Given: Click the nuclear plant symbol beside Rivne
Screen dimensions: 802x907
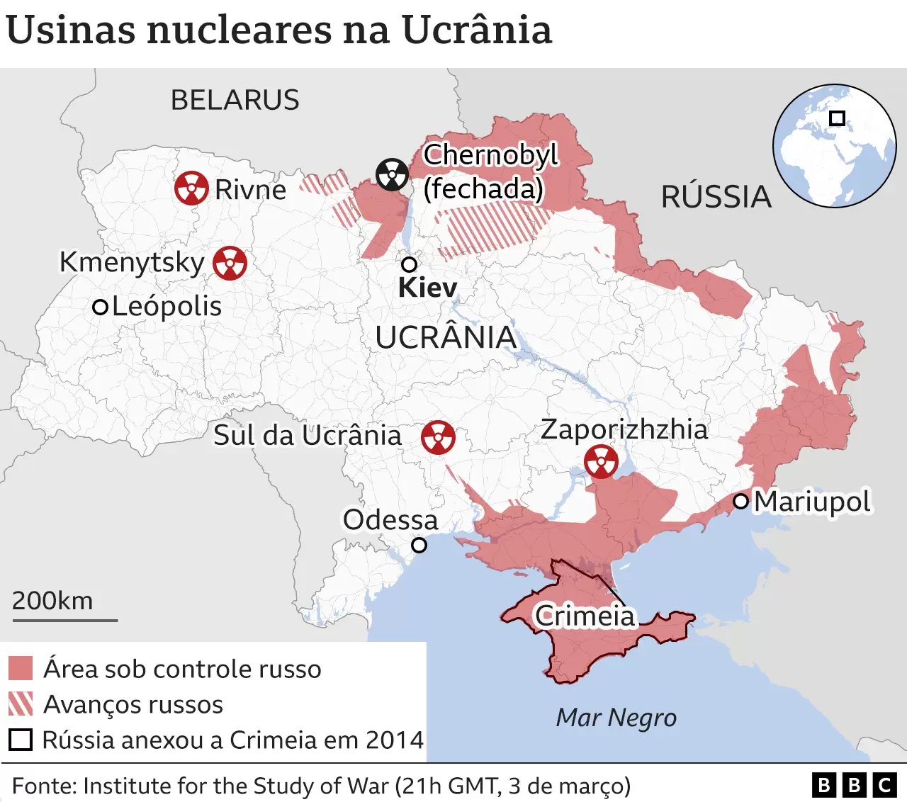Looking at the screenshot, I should point(191,188).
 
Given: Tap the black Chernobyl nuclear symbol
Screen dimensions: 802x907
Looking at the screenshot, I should point(392,174).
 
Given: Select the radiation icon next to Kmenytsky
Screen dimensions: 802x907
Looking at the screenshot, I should point(230,263).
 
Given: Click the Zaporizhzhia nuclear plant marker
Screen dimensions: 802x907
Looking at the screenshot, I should point(601,461).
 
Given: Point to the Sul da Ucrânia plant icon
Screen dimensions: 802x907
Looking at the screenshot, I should point(438,437).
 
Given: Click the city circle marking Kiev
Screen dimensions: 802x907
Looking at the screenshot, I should point(409,264).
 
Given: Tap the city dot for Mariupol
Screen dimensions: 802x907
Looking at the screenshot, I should point(740,502).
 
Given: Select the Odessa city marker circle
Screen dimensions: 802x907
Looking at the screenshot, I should point(419,545).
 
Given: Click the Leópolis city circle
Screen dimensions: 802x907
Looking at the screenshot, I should point(101,307).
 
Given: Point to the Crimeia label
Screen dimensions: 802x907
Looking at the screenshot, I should point(585,616).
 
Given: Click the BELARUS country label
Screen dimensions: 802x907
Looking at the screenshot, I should point(235,100).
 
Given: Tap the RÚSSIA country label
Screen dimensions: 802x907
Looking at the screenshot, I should point(716,197).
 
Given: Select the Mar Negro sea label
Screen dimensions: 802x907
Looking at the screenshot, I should point(616,718).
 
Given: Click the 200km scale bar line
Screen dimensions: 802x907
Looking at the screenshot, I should point(64,621).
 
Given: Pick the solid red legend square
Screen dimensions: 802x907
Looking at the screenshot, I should point(21,668).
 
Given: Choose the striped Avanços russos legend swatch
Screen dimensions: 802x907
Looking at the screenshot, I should point(21,704).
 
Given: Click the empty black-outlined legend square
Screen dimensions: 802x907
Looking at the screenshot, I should point(21,740).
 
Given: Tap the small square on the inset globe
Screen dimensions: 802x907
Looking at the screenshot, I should point(837,118).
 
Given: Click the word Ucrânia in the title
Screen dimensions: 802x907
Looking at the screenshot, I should point(476,30).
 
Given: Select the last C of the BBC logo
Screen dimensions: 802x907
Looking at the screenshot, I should point(884,785).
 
